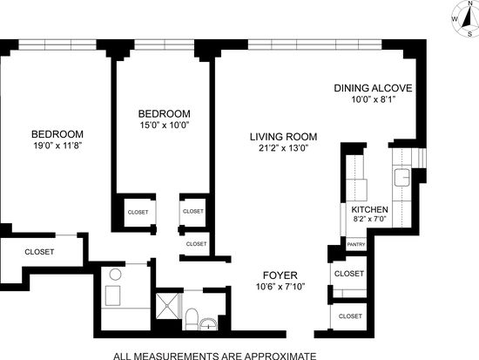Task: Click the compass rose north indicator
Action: (470, 3)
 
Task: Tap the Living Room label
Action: (284, 137)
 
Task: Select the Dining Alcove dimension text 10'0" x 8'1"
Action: (374, 99)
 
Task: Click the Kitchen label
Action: (369, 209)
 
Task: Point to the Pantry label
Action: (356, 244)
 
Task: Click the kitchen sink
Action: (401, 178)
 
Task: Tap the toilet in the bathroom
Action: (192, 319)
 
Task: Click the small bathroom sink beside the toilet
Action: (208, 324)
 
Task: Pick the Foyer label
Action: (280, 275)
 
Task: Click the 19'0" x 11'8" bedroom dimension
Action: (58, 146)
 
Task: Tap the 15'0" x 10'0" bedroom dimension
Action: (165, 125)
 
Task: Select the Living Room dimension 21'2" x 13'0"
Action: (284, 148)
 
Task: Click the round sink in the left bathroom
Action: (116, 275)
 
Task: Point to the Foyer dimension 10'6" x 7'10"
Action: (280, 287)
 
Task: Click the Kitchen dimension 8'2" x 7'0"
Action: (370, 219)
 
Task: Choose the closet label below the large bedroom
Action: (39, 252)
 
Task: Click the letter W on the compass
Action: (455, 19)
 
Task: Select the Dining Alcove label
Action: (373, 88)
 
